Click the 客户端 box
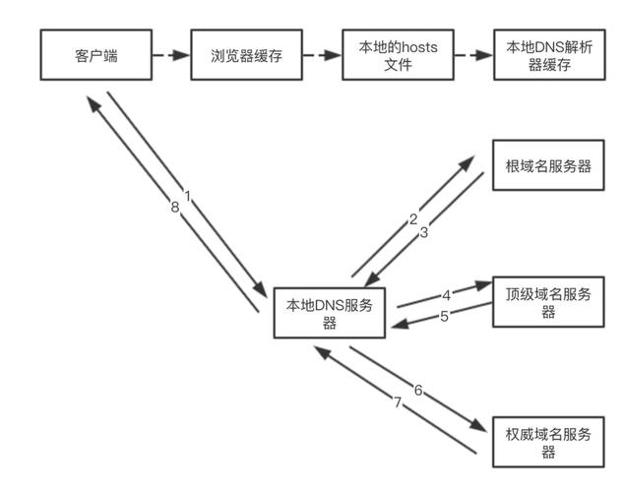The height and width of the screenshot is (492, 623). (x=95, y=55)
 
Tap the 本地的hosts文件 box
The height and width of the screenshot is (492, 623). (x=389, y=55)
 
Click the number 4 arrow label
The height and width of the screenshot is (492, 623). (x=445, y=294)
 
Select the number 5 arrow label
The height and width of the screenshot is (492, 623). (x=445, y=316)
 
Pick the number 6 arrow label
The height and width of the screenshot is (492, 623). (x=417, y=391)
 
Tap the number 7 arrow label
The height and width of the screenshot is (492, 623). (x=399, y=402)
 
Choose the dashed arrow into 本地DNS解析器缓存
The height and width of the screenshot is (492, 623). (x=468, y=55)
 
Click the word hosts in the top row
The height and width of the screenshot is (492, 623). (x=405, y=47)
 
